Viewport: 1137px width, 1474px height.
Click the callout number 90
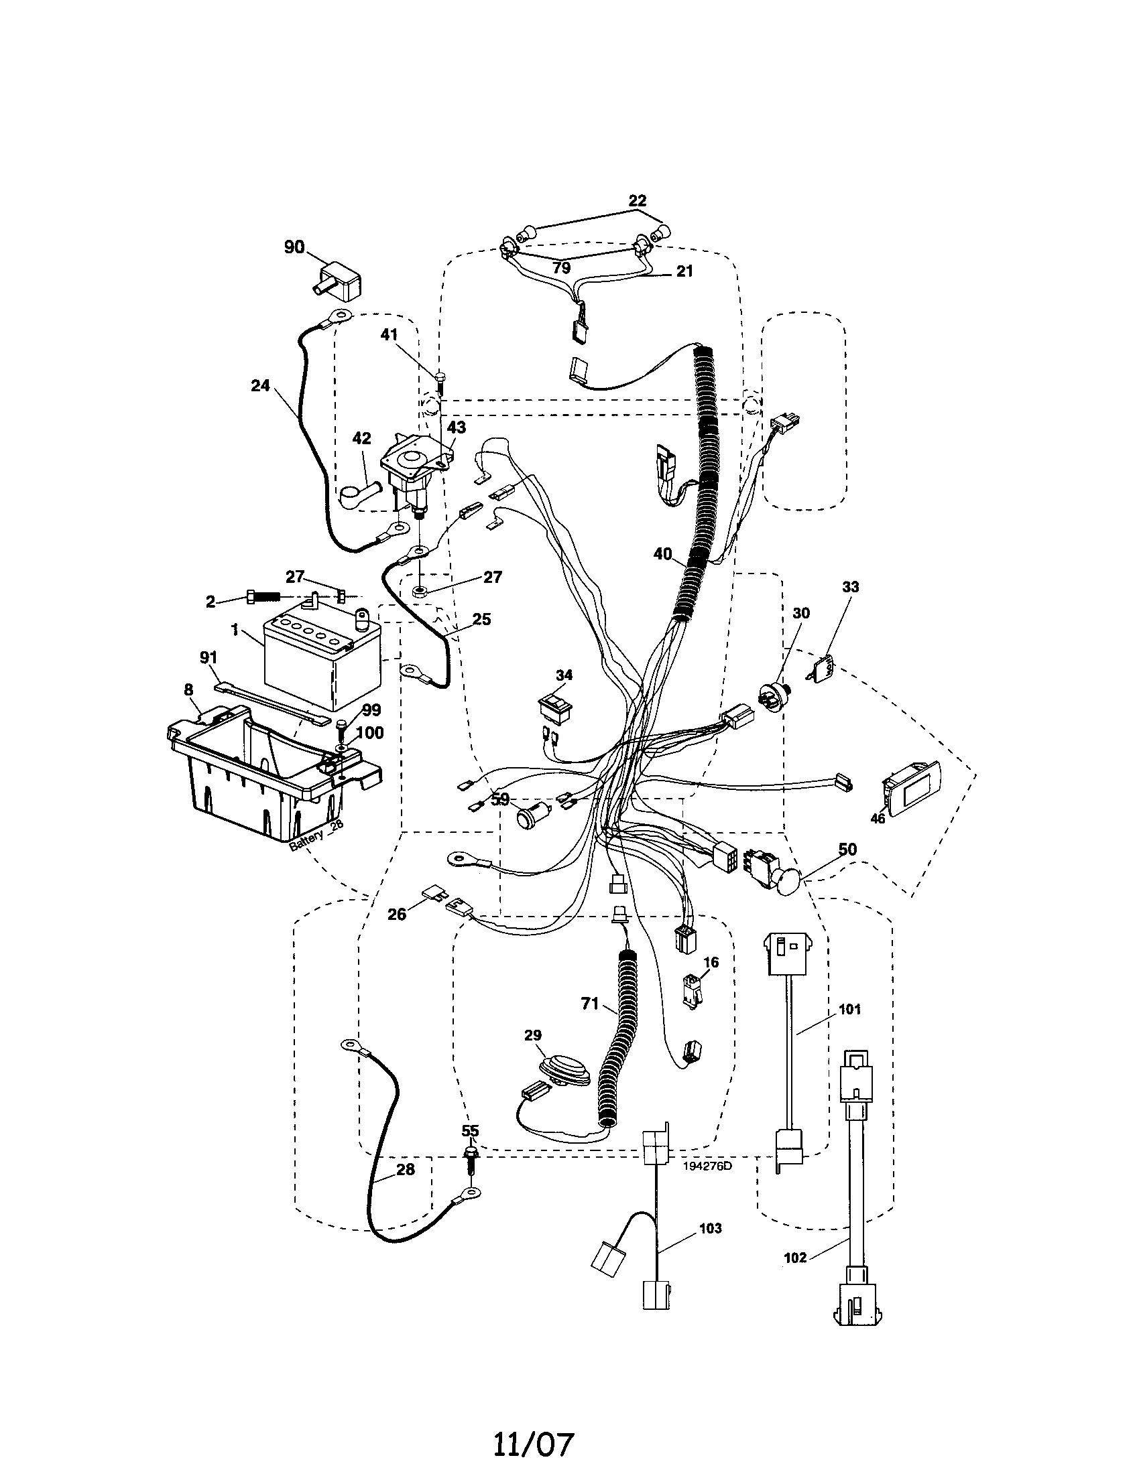tap(294, 247)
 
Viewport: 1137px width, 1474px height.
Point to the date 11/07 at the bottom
tap(534, 1440)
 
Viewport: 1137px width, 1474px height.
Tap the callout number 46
tap(877, 819)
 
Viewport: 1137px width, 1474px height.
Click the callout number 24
tap(260, 385)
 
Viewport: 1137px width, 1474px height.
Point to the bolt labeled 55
tap(470, 1158)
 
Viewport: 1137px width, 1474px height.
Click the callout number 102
tap(796, 1258)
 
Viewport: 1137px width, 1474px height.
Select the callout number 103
tap(710, 1228)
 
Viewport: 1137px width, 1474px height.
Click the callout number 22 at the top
tap(637, 200)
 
